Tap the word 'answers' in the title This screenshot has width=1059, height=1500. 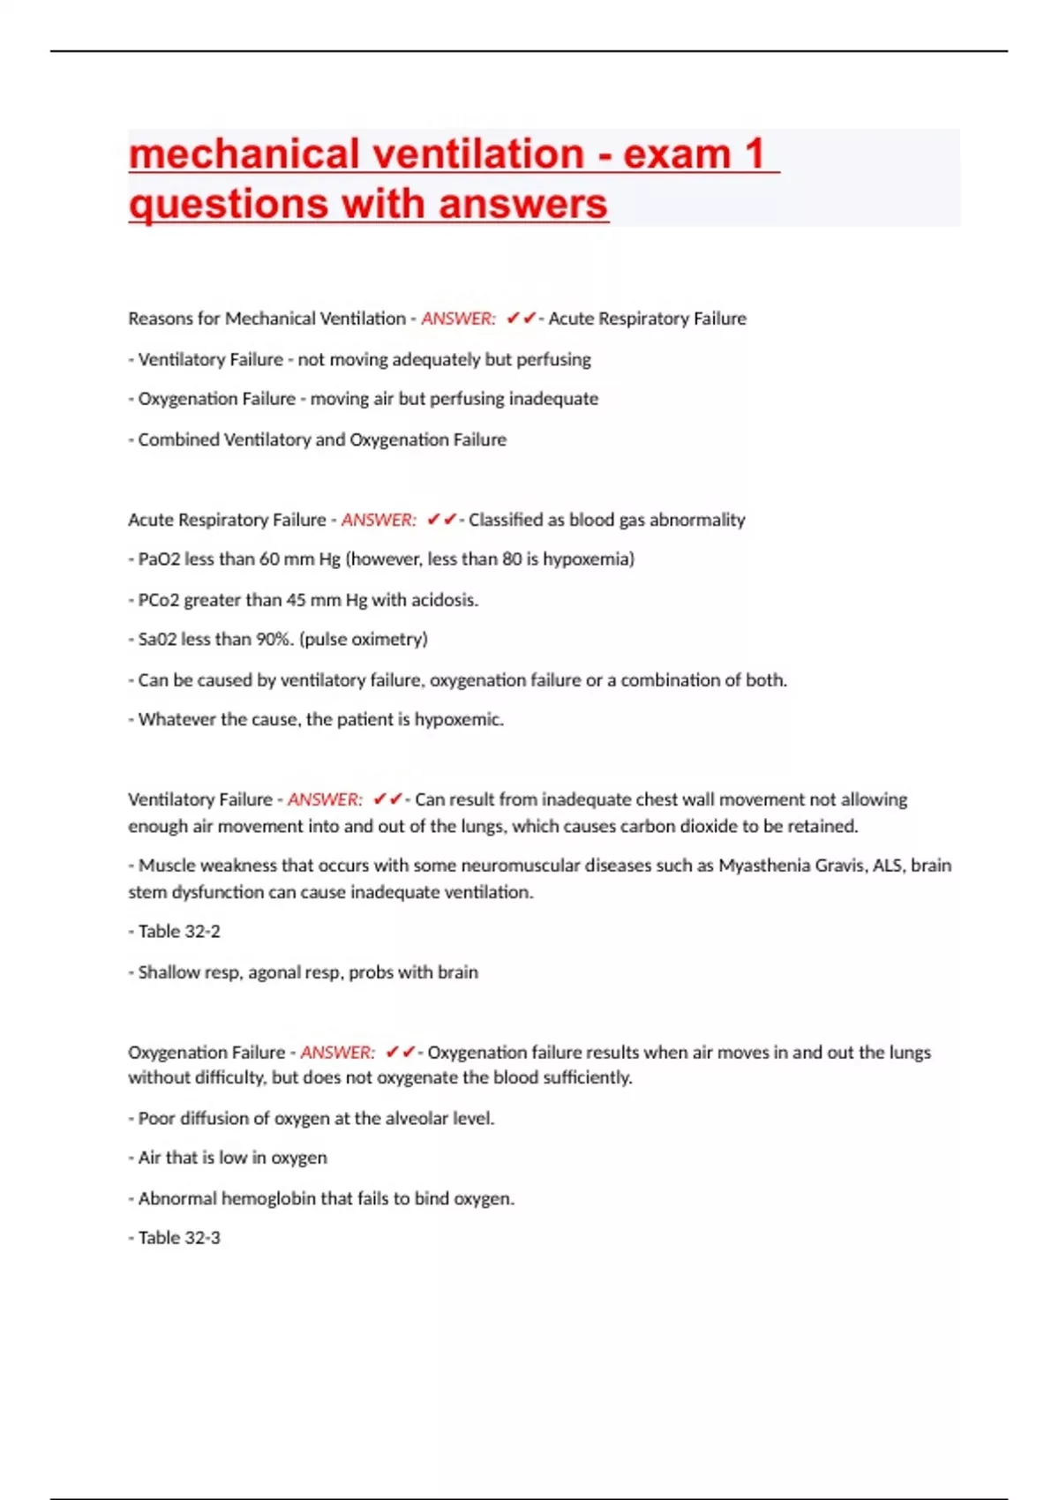coord(523,205)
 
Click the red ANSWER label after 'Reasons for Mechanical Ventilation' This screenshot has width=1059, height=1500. coord(458,319)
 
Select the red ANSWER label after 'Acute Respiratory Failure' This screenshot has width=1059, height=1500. coord(379,520)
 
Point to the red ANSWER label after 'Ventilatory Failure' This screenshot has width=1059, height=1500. coord(325,799)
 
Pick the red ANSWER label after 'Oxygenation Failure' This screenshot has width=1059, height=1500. coord(337,1052)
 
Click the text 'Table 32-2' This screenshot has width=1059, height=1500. coord(179,932)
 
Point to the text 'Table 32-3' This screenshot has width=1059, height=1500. coord(179,1238)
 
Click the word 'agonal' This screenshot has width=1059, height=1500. coord(274,972)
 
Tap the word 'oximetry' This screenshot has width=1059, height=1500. coord(387,640)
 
